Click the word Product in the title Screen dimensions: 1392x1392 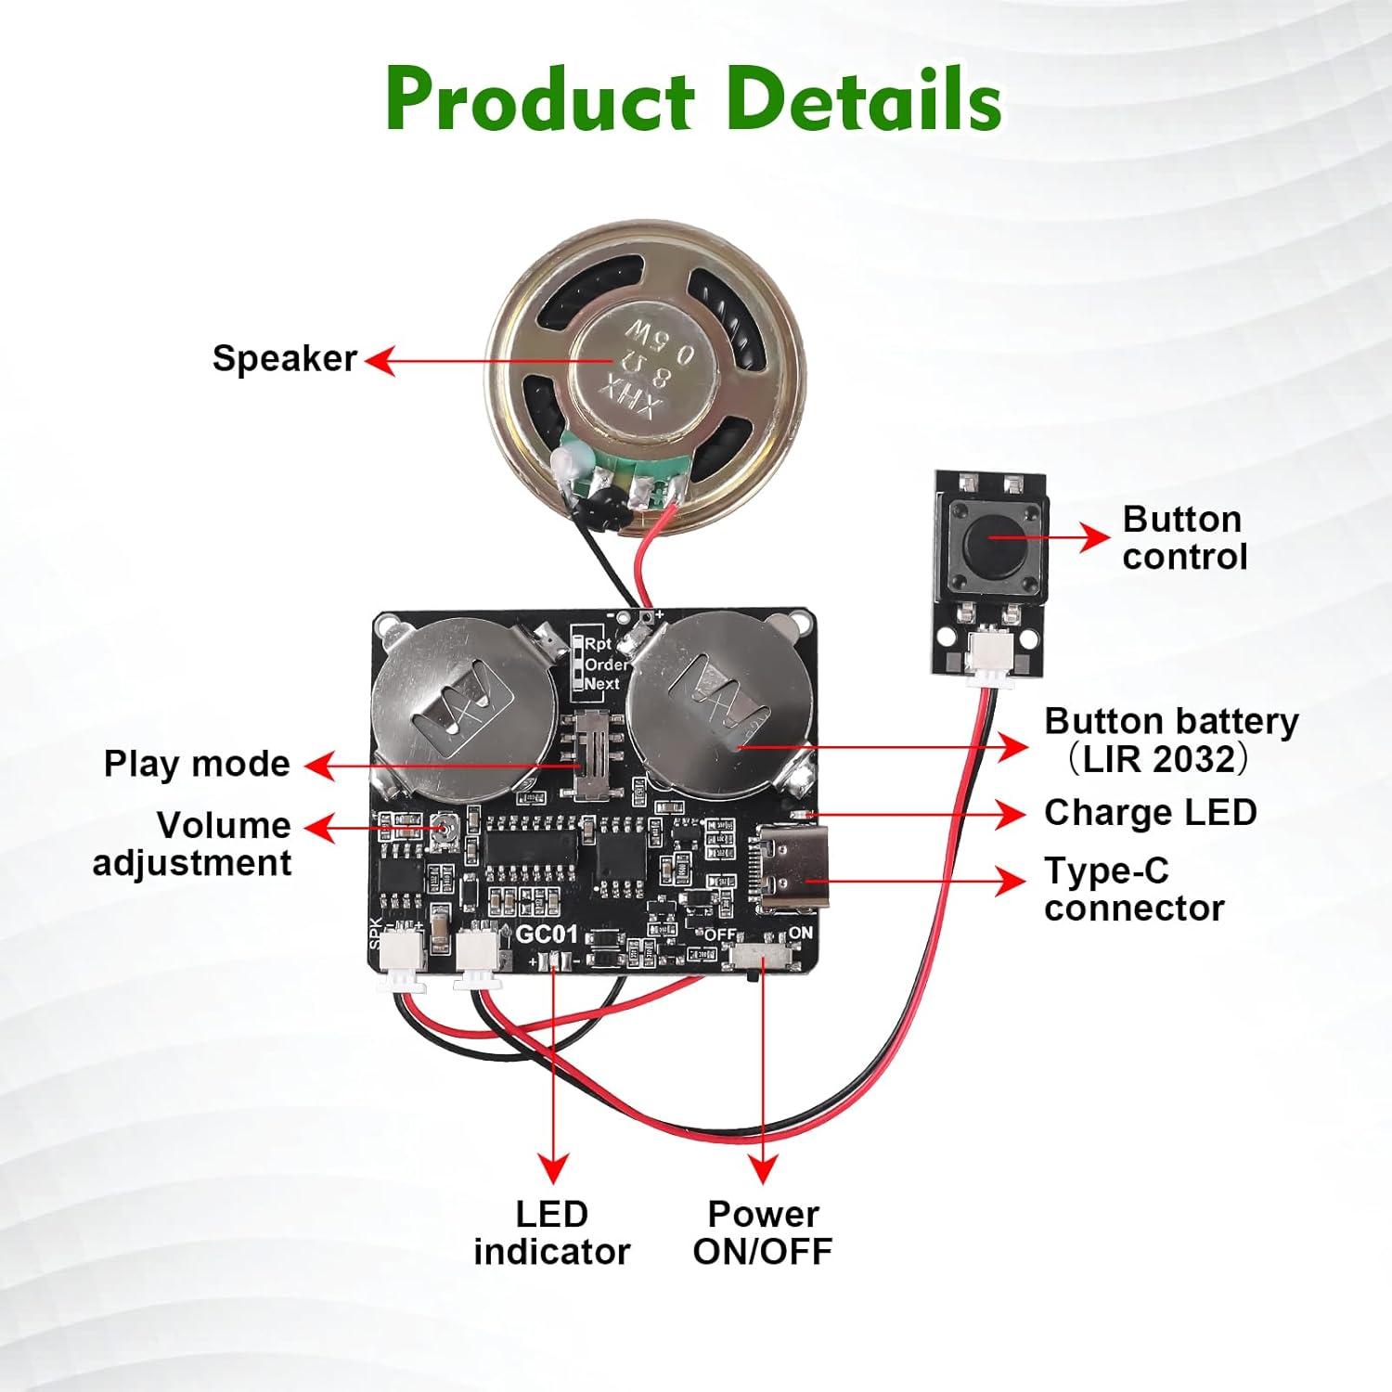coord(539,100)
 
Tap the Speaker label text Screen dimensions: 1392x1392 coord(284,358)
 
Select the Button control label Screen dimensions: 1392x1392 coord(1183,538)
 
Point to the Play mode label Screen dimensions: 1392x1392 coord(197,764)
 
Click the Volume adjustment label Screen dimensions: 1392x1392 coord(192,844)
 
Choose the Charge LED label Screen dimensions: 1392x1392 coord(1150,813)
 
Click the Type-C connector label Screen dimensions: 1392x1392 coord(1133,890)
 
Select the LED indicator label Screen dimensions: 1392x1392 coord(551,1232)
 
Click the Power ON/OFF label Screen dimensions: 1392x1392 coord(763,1232)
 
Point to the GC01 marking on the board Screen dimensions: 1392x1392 coord(547,934)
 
